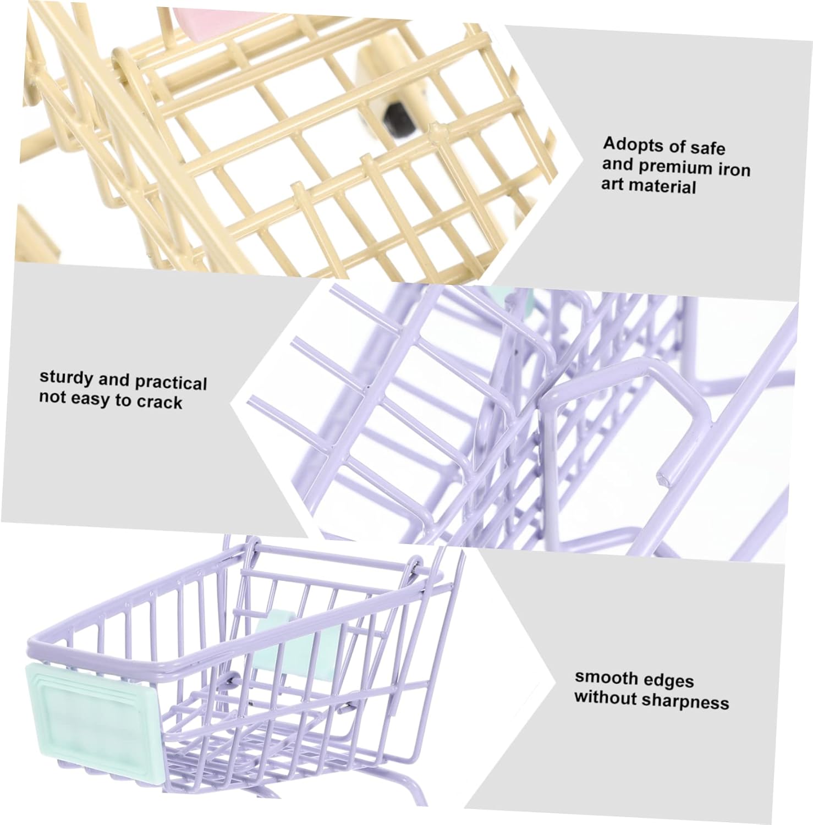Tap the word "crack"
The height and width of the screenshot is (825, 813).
159,403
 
